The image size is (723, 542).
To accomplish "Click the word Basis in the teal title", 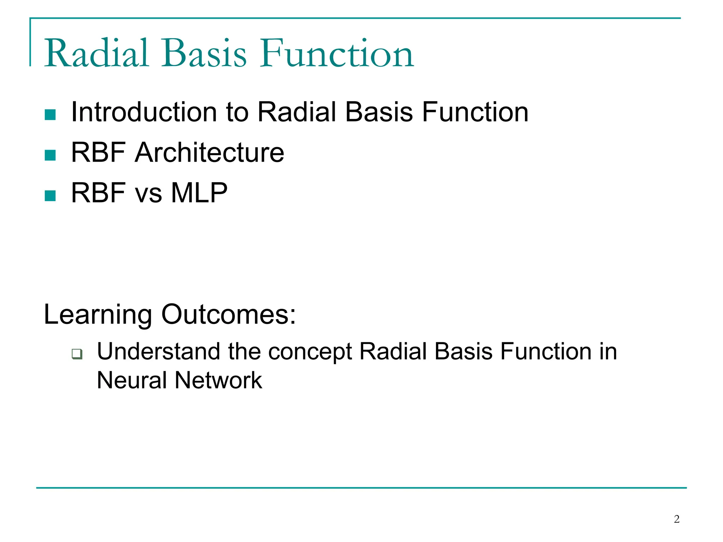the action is coord(204,54).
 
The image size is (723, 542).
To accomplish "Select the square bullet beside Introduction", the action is coord(50,115).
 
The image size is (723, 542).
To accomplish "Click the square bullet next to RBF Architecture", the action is coord(50,155).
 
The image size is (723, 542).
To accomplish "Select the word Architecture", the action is coord(209,152).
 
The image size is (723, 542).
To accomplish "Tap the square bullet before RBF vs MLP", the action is coord(50,195).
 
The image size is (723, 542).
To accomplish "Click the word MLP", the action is coord(199,193).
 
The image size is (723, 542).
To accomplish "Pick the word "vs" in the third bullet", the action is coord(148,194).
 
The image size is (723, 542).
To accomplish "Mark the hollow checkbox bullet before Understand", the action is coord(77,354).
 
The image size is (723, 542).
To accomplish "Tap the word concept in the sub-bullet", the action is coord(310,352).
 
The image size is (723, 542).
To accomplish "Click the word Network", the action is coord(218,380).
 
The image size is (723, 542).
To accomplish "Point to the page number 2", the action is coord(676,519).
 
